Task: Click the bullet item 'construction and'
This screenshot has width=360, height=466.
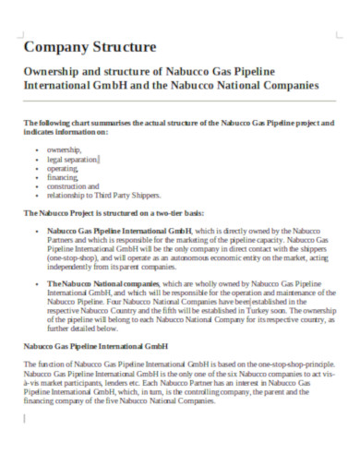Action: pos(73,186)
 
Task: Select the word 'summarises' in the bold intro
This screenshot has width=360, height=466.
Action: pos(105,123)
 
